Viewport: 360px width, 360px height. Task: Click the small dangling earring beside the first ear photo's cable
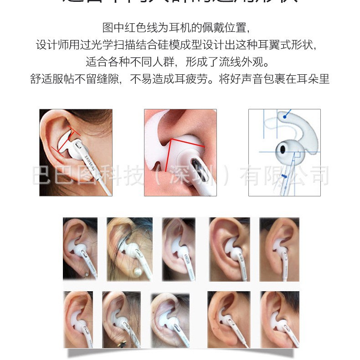point(86,274)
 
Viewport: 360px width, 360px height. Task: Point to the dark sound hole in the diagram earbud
point(283,149)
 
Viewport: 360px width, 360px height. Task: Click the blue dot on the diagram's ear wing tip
point(284,117)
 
